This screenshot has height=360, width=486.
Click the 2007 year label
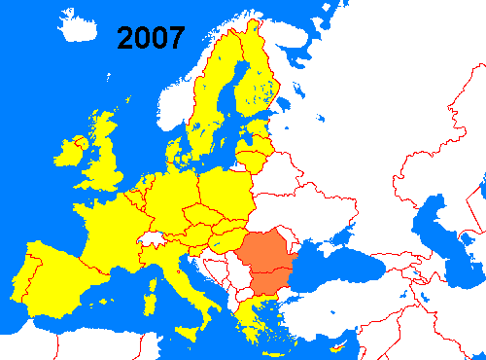[151, 38]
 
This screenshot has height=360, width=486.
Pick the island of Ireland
[71, 152]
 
